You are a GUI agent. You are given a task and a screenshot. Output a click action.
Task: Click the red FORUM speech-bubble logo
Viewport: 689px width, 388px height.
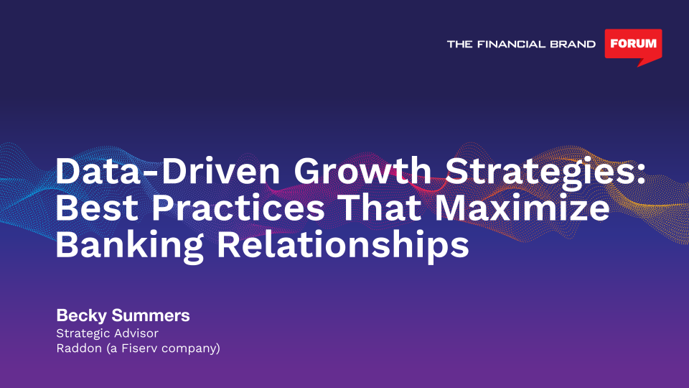click(x=633, y=47)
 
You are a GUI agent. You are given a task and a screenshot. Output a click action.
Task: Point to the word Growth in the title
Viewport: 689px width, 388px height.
click(x=362, y=171)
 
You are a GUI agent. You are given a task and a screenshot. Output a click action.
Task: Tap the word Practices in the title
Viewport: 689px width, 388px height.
click(x=238, y=208)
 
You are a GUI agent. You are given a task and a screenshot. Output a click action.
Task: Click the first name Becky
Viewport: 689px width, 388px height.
click(x=81, y=316)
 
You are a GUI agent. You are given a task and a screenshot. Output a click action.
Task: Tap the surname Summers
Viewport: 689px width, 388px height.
click(x=150, y=315)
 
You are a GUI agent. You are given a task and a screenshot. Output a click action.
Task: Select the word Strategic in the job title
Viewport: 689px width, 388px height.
click(x=82, y=334)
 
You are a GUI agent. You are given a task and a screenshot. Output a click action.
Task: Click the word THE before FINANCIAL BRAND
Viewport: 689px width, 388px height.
click(x=459, y=44)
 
